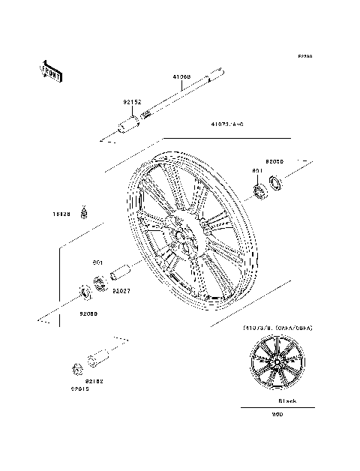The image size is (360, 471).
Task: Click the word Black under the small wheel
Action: pos(287,401)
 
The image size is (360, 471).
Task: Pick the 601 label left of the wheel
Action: pos(97,262)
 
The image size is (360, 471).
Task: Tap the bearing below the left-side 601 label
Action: pos(99,283)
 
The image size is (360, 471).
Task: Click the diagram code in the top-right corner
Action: pos(304,55)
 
